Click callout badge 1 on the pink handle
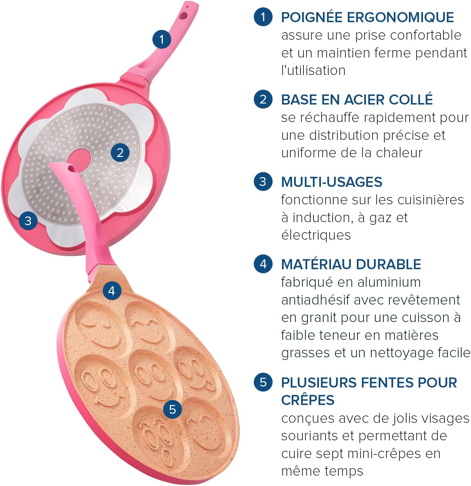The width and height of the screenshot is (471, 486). coord(162,39)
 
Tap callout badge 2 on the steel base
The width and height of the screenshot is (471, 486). coord(120,153)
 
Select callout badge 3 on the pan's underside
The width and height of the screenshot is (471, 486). coord(28,221)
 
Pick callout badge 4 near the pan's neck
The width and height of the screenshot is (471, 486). coord(112,290)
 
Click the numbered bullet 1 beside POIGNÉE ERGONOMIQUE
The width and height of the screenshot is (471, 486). coord(263,17)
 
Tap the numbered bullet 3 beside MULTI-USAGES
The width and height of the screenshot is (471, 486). coord(263,181)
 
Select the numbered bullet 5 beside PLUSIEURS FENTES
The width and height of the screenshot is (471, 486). coord(263,382)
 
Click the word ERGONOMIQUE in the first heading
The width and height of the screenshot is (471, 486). coord(400,17)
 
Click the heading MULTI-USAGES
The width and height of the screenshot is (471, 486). coord(332,182)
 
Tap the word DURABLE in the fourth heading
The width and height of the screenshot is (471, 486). coord(388,264)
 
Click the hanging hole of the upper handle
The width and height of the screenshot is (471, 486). coord(184,16)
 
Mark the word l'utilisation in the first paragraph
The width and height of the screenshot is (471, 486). coord(313,71)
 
